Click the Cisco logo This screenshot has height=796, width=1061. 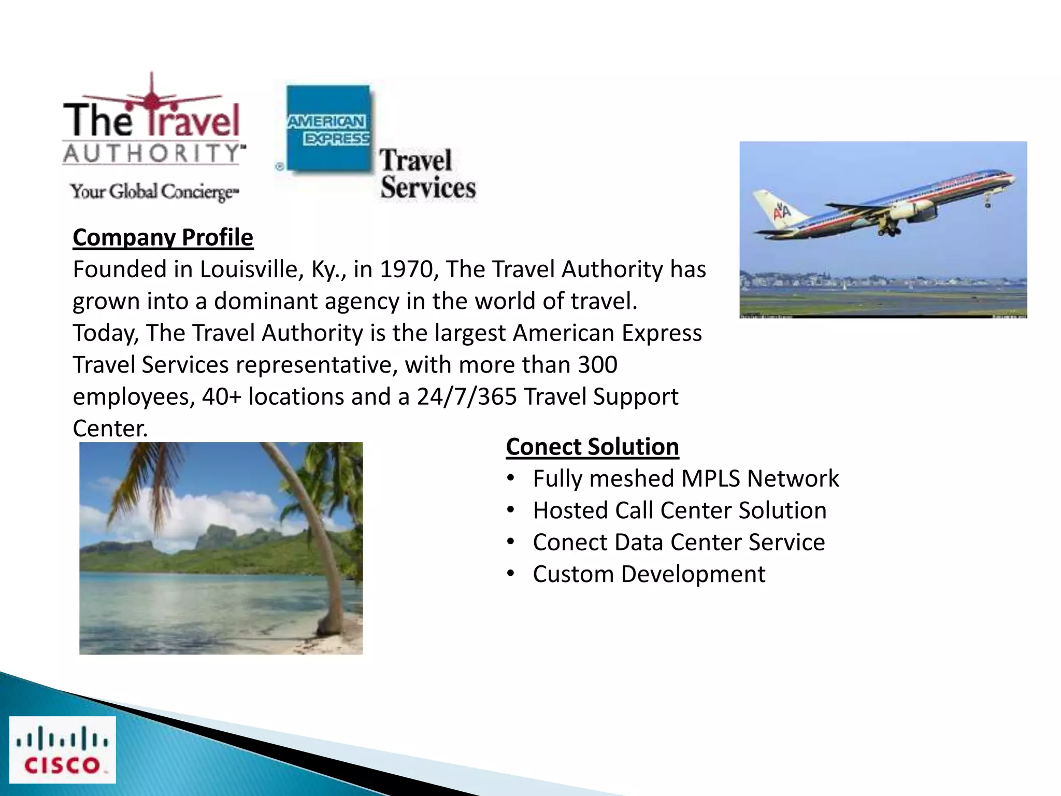pyautogui.click(x=63, y=749)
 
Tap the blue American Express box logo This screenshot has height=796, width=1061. pyautogui.click(x=328, y=129)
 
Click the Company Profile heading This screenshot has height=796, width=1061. pyautogui.click(x=163, y=238)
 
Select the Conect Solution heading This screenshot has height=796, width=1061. pyautogui.click(x=592, y=447)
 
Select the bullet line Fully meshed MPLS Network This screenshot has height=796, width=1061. pyautogui.click(x=685, y=478)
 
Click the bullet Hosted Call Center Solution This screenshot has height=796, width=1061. pyautogui.click(x=679, y=510)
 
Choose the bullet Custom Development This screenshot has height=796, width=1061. pyautogui.click(x=649, y=574)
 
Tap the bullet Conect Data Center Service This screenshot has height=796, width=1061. pyautogui.click(x=679, y=543)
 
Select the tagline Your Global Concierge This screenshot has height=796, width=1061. pyautogui.click(x=154, y=192)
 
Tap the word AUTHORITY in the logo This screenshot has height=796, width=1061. pyautogui.click(x=153, y=153)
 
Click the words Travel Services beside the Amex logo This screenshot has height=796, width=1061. pyautogui.click(x=427, y=174)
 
